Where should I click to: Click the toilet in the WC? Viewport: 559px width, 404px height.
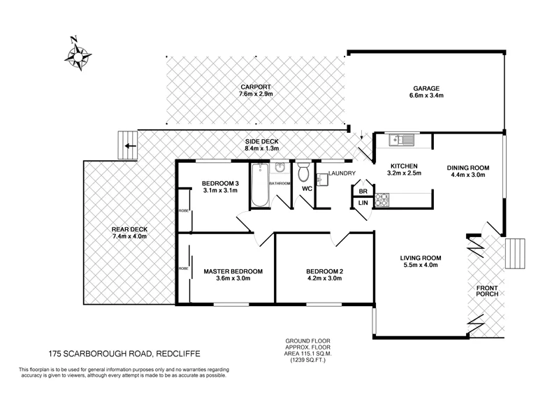(304, 173)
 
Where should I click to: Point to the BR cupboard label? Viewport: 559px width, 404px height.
(363, 190)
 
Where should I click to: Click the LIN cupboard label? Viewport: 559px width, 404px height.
(363, 203)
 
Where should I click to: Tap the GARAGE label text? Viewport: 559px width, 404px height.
(426, 89)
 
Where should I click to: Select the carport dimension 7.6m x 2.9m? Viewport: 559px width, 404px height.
(256, 94)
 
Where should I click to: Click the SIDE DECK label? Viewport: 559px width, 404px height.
(262, 140)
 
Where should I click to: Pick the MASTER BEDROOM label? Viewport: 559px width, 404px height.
(233, 271)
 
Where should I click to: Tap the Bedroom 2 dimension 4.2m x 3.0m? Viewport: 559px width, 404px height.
(326, 279)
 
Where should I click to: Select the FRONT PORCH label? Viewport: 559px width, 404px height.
(487, 291)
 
